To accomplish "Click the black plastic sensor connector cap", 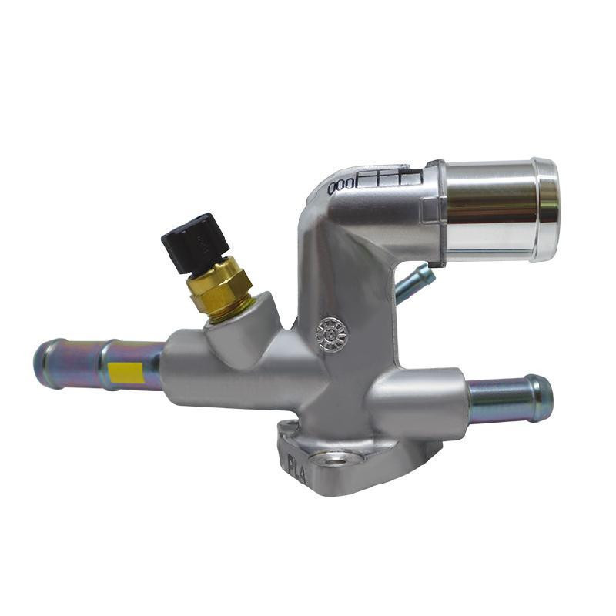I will pos(195,242).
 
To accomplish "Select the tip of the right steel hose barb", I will pos(542,398).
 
